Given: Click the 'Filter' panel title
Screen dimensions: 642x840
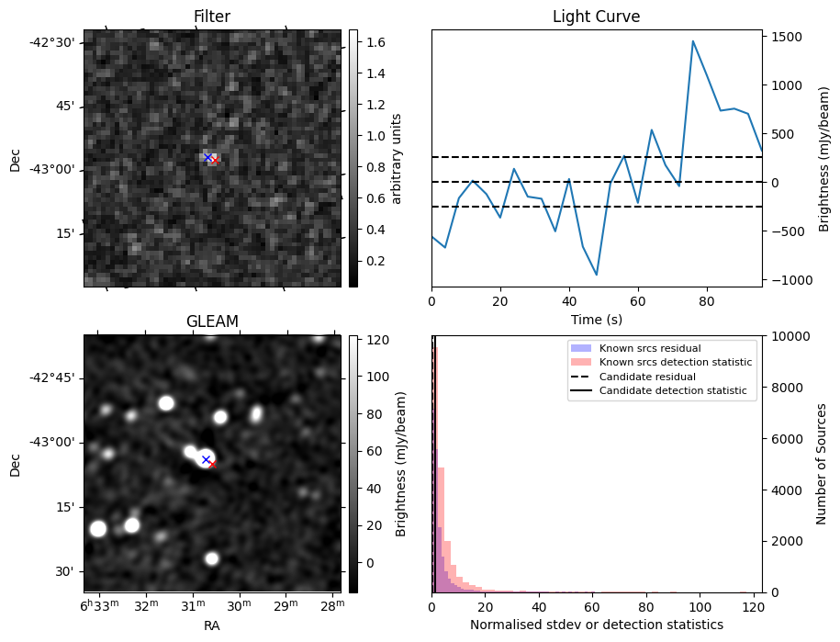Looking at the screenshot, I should pyautogui.click(x=212, y=17).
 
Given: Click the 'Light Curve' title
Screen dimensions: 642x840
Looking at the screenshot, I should pyautogui.click(x=596, y=17).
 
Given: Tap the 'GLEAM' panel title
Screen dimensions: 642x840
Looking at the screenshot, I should pyautogui.click(x=212, y=321).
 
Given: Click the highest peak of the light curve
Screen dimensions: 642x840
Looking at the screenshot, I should pyautogui.click(x=693, y=41).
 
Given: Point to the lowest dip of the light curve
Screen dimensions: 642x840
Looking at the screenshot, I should pyautogui.click(x=597, y=275).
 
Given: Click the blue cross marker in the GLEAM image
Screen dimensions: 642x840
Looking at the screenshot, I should pyautogui.click(x=206, y=459).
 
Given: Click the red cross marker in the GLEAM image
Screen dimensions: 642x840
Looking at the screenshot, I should pyautogui.click(x=212, y=465).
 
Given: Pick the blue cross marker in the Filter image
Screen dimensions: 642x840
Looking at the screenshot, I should pyautogui.click(x=207, y=158).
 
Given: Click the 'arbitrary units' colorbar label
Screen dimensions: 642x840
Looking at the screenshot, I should pyautogui.click(x=397, y=158).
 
